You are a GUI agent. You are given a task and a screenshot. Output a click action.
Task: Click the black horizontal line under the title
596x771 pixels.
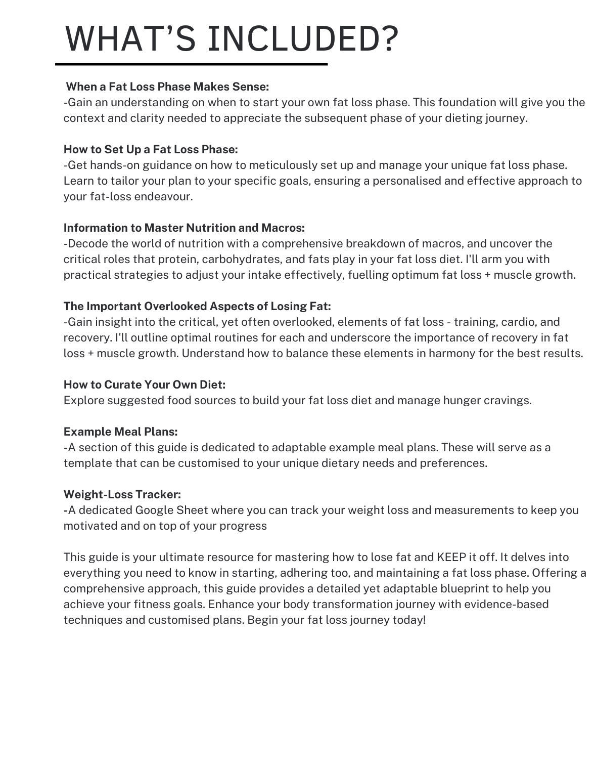[191, 64]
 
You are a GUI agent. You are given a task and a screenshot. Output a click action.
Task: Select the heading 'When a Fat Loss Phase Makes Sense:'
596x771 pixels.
[167, 87]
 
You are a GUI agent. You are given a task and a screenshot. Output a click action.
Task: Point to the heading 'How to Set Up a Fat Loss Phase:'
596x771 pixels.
[151, 149]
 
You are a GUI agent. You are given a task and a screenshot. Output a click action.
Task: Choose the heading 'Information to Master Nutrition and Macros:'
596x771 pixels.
[184, 228]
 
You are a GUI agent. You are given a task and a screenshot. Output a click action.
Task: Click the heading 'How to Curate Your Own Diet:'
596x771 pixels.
[145, 384]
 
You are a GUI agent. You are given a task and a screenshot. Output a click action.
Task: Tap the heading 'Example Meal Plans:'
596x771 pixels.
[120, 432]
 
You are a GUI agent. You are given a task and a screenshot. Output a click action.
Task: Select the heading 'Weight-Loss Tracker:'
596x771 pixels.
[122, 494]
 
